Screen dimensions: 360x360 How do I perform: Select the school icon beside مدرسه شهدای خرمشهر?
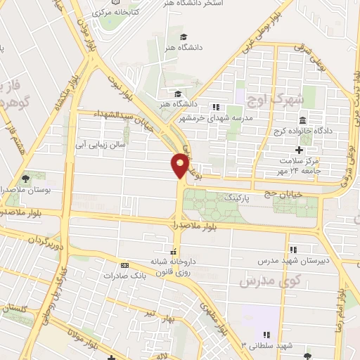(216, 107)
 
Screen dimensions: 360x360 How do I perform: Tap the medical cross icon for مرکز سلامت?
(300, 150)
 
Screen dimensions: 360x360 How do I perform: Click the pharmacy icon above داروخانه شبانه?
(172, 251)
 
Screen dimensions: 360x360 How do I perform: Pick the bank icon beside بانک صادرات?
(124, 265)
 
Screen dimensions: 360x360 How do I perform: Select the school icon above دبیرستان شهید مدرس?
(293, 249)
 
